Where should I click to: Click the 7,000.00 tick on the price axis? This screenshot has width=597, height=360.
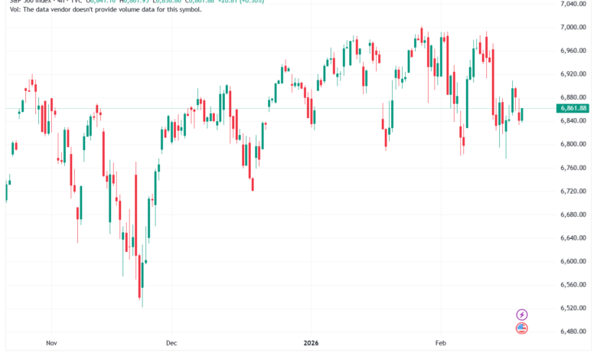(x=572, y=28)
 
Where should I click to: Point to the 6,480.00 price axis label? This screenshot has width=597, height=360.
(x=572, y=331)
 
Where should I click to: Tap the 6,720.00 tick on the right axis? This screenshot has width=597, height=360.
(x=572, y=191)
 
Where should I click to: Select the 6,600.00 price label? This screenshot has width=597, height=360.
(x=572, y=261)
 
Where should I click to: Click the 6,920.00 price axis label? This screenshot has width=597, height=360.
(x=572, y=74)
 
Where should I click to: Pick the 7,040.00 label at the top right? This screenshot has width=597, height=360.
(x=572, y=5)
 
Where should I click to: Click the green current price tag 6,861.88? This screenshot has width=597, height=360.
(x=572, y=109)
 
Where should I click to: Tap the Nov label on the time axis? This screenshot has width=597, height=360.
(x=51, y=343)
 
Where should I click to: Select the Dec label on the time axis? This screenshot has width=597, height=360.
(x=171, y=343)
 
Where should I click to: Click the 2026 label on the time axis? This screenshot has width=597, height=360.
(x=311, y=343)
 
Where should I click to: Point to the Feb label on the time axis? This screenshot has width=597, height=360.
(x=441, y=343)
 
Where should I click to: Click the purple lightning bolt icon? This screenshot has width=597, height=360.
(x=522, y=314)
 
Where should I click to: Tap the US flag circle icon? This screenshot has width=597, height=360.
(x=522, y=329)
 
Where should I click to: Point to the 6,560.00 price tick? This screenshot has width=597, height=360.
(x=572, y=284)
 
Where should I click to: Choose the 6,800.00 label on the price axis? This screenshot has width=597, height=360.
(x=572, y=144)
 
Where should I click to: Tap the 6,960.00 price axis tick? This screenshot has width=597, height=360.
(x=572, y=51)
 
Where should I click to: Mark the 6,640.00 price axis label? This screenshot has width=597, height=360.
(x=572, y=237)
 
